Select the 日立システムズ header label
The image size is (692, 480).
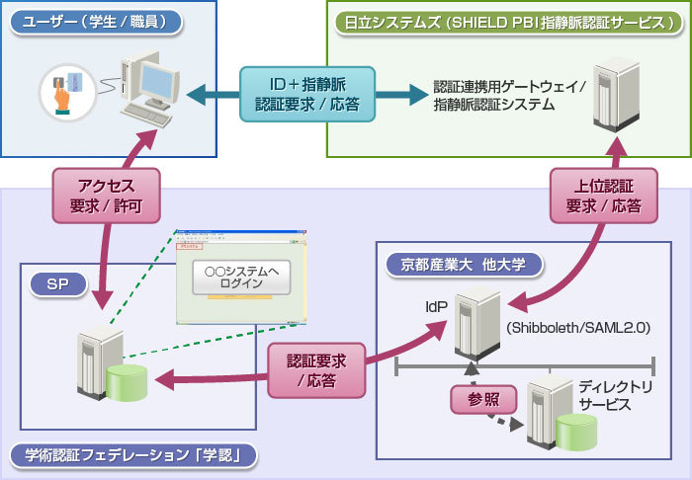505,21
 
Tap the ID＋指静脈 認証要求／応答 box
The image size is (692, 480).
308,95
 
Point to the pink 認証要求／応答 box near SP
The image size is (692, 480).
314,369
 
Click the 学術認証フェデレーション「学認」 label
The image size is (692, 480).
133,455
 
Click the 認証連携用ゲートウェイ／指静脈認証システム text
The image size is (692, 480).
510,95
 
